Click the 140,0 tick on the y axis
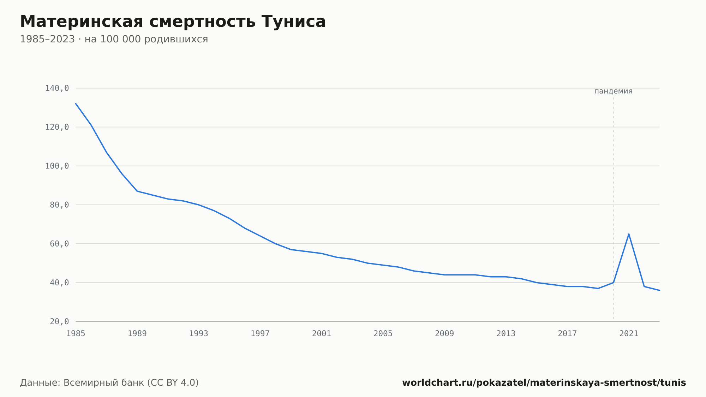(57, 88)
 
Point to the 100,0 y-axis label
(57, 166)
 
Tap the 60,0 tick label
(59, 244)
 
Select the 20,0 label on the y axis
(59, 321)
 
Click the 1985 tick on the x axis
(76, 333)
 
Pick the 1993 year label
(199, 333)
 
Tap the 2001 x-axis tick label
(322, 333)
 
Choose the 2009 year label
(444, 333)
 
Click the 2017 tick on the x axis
(567, 333)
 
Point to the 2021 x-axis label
(629, 333)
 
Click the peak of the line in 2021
(629, 234)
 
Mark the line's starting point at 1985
(76, 103)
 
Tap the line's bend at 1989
(137, 191)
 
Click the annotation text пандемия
(613, 91)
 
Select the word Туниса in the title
(294, 22)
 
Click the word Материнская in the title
(82, 22)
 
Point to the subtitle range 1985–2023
(47, 39)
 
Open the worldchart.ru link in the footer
(544, 383)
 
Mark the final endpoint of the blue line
(659, 290)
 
